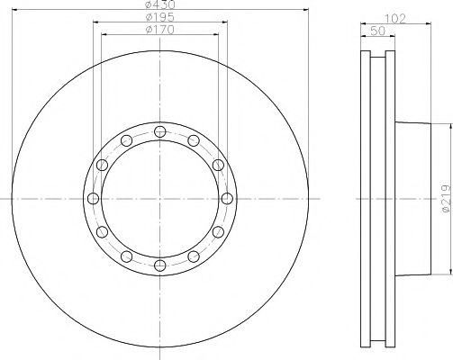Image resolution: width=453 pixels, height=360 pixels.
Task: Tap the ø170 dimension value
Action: [160, 31]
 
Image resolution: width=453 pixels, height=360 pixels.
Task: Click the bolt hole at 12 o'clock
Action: [160, 133]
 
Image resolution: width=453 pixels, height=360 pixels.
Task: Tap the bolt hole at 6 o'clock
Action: [160, 264]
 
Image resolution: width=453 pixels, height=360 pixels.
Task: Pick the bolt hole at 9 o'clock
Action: [95, 198]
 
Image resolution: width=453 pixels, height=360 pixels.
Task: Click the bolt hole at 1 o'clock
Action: [193, 141]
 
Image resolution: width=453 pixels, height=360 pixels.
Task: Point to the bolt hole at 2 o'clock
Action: [217, 166]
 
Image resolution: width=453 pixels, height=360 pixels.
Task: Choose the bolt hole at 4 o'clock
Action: [217, 231]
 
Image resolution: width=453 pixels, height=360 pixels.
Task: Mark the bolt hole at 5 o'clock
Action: [193, 255]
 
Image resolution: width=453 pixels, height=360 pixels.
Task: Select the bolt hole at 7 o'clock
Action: [128, 255]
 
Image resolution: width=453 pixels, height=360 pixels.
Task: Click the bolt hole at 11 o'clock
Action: [128, 141]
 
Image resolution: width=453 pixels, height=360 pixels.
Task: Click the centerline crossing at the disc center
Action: [160, 198]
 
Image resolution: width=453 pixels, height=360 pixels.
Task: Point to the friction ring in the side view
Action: [377, 198]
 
